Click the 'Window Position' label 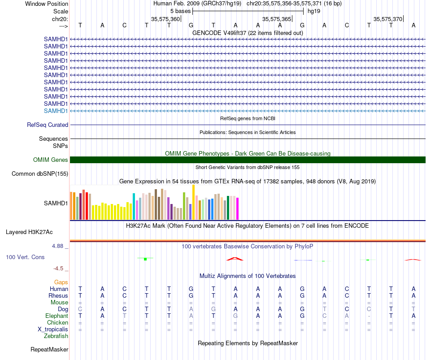pyautogui.click(x=47, y=4)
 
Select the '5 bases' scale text pyautogui.click(x=180, y=11)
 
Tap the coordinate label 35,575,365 pyautogui.click(x=277, y=19)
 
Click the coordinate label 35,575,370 pyautogui.click(x=388, y=19)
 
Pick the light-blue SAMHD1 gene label pyautogui.click(x=56, y=111)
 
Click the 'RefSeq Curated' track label pyautogui.click(x=48, y=125)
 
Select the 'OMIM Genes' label pyautogui.click(x=51, y=160)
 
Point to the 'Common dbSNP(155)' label pyautogui.click(x=40, y=173)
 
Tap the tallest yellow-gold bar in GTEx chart pyautogui.click(x=193, y=202)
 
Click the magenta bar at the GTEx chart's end pyautogui.click(x=238, y=208)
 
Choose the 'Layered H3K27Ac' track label pyautogui.click(x=29, y=232)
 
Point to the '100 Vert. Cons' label pyautogui.click(x=25, y=257)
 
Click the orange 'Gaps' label pyautogui.click(x=61, y=282)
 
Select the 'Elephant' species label pyautogui.click(x=57, y=316)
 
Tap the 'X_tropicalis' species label pyautogui.click(x=53, y=330)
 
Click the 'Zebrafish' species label pyautogui.click(x=56, y=336)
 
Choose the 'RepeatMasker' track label pyautogui.click(x=49, y=349)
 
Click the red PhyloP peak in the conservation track pyautogui.click(x=235, y=259)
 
